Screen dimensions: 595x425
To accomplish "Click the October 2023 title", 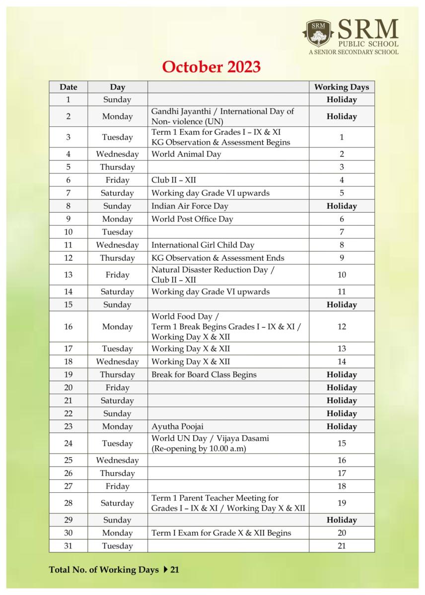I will coord(212,67).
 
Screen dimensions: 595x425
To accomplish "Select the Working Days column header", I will coord(342,87).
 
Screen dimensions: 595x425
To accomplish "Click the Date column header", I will coord(69,87).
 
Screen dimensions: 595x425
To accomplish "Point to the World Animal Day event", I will coord(186,154).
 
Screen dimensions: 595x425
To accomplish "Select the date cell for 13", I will coord(69,275).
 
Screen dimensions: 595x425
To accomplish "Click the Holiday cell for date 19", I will coord(342,375).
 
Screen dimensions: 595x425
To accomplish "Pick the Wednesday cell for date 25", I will coord(118,461).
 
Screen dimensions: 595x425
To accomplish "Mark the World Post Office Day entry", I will coord(192,219).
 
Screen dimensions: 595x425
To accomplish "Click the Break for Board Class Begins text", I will coord(204,375).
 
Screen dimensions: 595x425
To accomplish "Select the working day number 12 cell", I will coord(342,327).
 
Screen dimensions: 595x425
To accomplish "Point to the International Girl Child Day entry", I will coord(203,245).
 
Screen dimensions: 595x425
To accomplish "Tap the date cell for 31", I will coord(69,546).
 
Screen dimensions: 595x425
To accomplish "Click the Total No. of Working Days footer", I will coord(114,570).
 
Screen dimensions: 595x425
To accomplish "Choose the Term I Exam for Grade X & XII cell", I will coord(221,533).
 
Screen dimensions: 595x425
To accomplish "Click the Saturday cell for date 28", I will coord(118,503).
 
